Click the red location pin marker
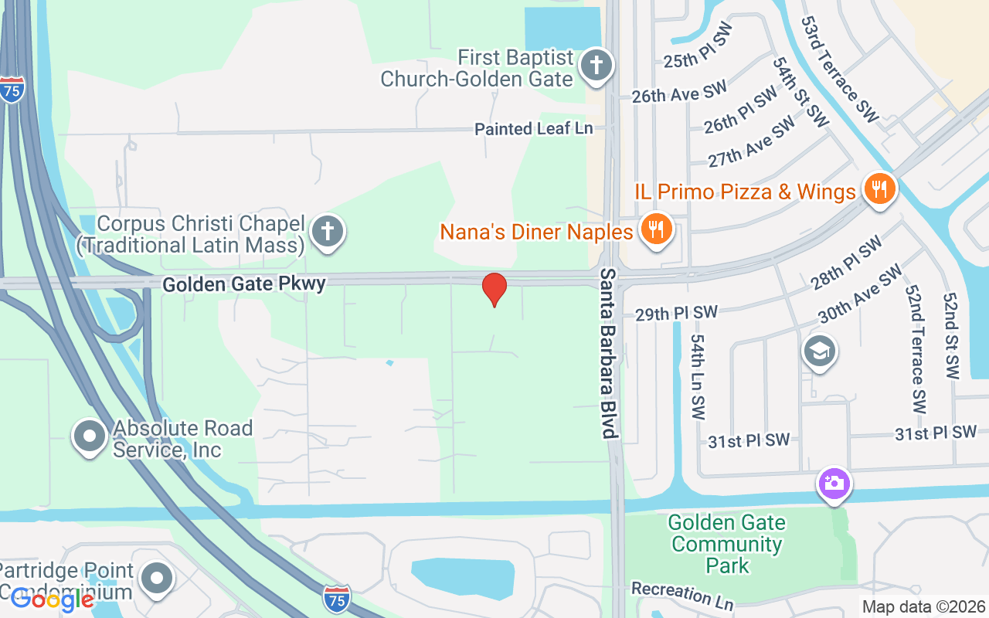pos(494,290)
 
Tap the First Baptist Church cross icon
pos(596,65)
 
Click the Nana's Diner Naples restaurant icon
pos(656,229)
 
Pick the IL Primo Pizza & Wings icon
pos(879,188)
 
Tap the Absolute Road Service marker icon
pos(90,436)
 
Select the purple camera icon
pos(834,484)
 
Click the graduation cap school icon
pos(819,352)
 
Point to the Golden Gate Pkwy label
pos(243,284)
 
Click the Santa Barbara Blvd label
pos(610,354)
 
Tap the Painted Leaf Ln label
pos(533,129)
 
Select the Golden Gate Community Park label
pos(727,544)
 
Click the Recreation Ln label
pos(681,594)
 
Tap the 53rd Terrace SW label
pos(840,70)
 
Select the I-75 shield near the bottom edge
pos(337,598)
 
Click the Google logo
pos(52,599)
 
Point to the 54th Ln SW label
pos(698,377)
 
